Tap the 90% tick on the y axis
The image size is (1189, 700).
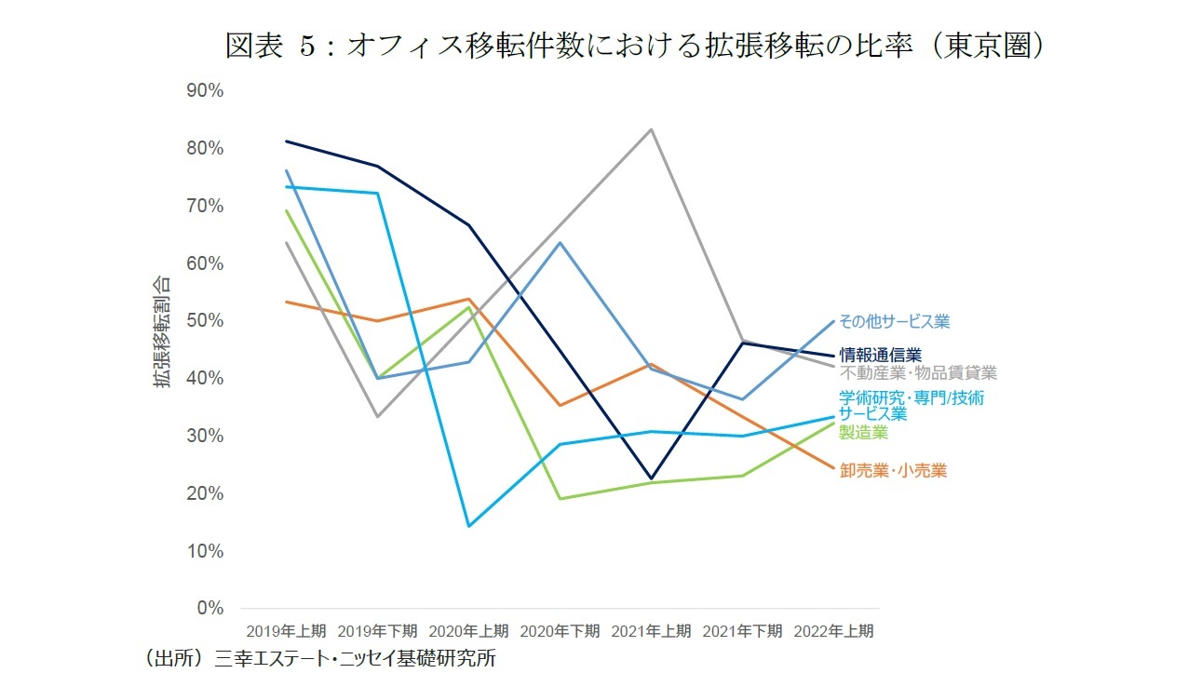point(205,90)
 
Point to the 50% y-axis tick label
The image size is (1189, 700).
point(205,320)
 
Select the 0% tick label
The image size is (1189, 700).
point(210,608)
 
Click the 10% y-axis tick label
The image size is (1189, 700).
point(205,550)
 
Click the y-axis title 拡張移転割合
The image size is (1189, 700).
point(162,331)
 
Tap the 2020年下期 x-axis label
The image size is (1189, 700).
point(560,631)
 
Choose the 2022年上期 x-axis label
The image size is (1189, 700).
point(833,631)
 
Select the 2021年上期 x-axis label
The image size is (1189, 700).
point(651,631)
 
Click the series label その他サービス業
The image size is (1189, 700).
point(894,321)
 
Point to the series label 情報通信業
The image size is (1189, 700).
point(880,355)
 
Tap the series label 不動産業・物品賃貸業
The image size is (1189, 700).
point(918,373)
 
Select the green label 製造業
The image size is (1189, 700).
point(863,433)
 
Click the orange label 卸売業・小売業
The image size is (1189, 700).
point(893,471)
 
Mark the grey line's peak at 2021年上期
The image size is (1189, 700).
point(651,129)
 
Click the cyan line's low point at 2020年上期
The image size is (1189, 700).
point(468,526)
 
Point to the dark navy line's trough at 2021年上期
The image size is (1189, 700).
point(651,478)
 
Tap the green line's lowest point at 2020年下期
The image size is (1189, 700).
point(560,498)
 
